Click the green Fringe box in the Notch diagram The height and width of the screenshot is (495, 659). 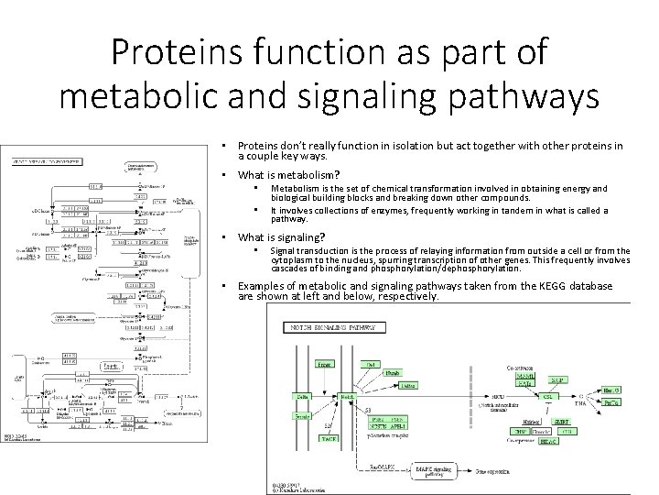324,365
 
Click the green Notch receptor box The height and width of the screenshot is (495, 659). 347,397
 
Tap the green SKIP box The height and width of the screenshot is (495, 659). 556,379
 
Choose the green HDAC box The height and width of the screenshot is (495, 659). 556,442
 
